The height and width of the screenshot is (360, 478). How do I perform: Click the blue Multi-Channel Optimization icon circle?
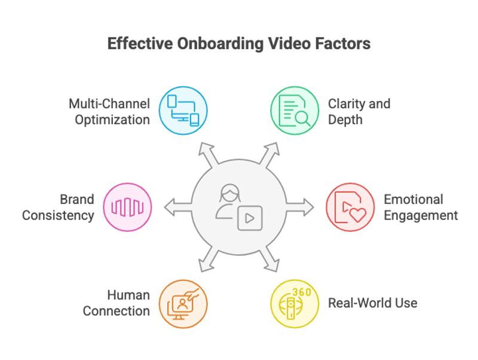coord(183,111)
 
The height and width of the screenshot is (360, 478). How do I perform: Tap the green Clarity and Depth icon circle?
coord(294,111)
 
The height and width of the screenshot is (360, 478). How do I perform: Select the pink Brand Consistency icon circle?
coord(127,208)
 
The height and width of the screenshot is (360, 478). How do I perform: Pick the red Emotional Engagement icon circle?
coord(350,208)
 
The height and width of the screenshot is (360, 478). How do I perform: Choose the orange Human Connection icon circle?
coord(183,303)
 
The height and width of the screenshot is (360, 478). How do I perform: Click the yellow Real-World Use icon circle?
coord(294,303)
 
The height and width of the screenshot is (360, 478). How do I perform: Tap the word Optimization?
coord(112,120)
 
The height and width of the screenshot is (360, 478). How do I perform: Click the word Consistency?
coord(58,215)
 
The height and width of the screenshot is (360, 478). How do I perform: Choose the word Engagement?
coord(421,215)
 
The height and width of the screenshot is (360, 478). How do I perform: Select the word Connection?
coord(116,311)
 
